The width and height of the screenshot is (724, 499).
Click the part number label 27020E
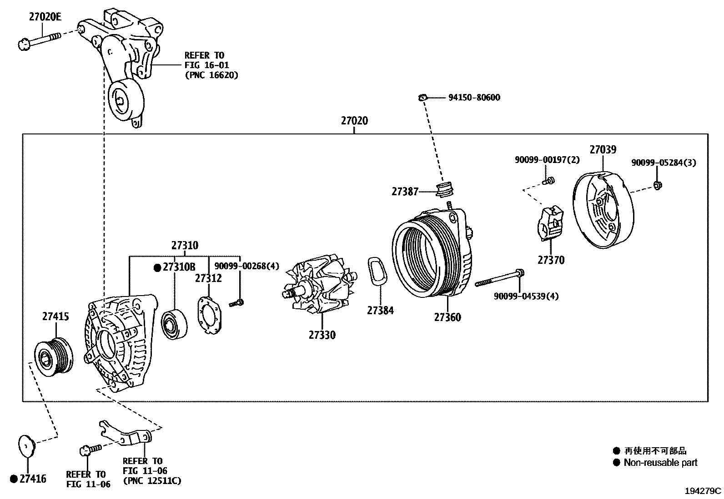coord(45,17)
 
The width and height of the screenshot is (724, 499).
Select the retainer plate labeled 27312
coord(209,316)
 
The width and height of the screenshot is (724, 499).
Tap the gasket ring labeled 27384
coord(377,272)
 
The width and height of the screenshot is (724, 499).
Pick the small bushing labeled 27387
coord(445,189)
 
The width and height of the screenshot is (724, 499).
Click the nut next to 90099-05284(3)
coord(657,185)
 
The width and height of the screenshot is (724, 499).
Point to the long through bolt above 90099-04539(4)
coord(500,278)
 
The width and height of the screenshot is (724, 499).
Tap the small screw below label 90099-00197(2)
coord(549,181)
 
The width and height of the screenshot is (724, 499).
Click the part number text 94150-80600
coord(474,98)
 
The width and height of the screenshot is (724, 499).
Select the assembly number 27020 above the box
coord(354,121)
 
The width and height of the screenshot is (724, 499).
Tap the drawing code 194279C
coord(703,491)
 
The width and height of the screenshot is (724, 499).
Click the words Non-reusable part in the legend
coord(660,463)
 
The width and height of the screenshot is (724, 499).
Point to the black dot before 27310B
coord(157,267)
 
